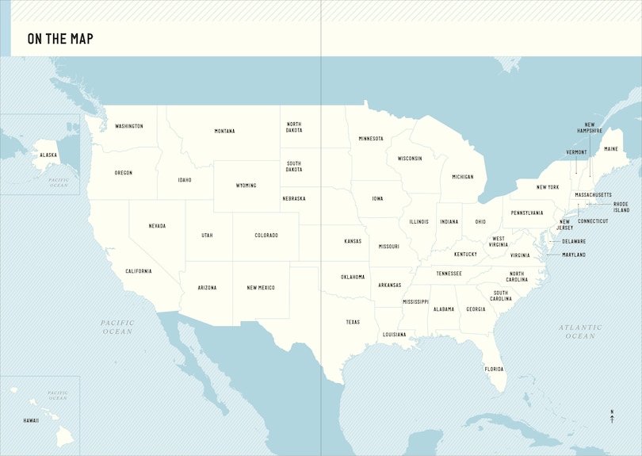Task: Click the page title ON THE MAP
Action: click(60, 38)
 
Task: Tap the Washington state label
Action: click(129, 126)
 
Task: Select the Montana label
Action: click(224, 131)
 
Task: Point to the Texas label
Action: click(353, 322)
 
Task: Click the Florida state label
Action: click(494, 369)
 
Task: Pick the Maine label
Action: click(610, 149)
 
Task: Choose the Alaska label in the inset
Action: click(48, 155)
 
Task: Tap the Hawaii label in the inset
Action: click(31, 420)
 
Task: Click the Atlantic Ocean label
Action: click(580, 331)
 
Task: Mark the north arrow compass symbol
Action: click(612, 416)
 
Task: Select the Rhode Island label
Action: click(621, 207)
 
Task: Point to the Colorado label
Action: click(266, 236)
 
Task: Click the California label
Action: click(138, 271)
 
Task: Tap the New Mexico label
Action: click(261, 288)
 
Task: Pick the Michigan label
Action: click(462, 177)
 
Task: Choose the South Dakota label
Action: click(294, 166)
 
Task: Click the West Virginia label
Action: click(499, 242)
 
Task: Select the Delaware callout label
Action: click(574, 241)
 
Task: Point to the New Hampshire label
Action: click(590, 128)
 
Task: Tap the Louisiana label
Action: click(394, 335)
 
